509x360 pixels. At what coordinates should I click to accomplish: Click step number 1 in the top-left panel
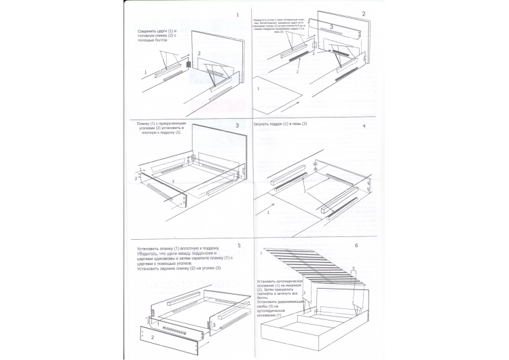click(x=238, y=15)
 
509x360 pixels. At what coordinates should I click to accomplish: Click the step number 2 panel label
click(x=364, y=14)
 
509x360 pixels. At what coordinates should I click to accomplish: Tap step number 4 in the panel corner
click(x=364, y=126)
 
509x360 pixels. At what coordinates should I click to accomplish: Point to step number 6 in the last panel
click(x=357, y=245)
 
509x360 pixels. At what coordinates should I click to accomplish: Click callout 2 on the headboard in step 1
click(x=199, y=54)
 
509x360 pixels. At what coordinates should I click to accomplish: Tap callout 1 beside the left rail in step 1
click(x=145, y=72)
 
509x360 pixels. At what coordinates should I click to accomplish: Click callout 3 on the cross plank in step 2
click(x=331, y=26)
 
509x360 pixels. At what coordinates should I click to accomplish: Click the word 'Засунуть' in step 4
click(x=263, y=125)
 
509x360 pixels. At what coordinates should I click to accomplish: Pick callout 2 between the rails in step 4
click(x=305, y=193)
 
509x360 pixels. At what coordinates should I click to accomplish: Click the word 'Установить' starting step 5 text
click(x=151, y=249)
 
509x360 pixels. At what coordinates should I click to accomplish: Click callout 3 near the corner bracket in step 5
click(x=215, y=325)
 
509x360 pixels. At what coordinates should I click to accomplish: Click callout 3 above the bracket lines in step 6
click(x=352, y=269)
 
